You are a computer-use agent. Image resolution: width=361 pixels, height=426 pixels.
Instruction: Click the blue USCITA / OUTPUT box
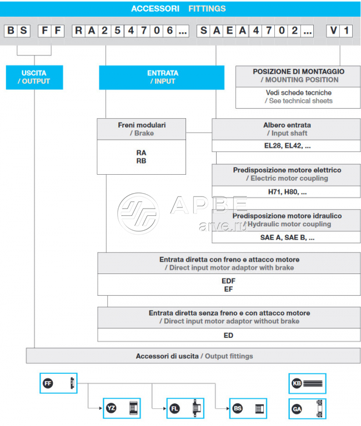point(34,77)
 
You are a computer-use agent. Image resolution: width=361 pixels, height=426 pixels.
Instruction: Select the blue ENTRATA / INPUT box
point(162,77)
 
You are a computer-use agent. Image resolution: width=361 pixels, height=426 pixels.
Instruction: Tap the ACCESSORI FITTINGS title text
point(178,9)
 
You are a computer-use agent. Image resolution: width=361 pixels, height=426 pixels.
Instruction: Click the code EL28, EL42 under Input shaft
point(287,146)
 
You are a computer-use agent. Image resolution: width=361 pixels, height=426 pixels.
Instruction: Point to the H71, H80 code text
point(287,192)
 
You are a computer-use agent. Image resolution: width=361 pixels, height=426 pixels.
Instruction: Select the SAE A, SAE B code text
point(287,237)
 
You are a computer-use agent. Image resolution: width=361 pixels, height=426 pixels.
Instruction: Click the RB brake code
point(141,161)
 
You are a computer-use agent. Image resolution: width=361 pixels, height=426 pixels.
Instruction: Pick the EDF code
point(228,281)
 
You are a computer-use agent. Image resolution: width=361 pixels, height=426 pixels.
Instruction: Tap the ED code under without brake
point(228,335)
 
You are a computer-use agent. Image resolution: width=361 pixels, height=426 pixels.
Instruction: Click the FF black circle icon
point(48,383)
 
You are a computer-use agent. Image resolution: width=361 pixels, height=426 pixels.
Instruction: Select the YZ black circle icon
point(111,408)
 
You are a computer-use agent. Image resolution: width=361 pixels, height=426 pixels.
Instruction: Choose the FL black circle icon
point(174,408)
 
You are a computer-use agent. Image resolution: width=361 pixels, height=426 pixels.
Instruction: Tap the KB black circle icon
point(297,383)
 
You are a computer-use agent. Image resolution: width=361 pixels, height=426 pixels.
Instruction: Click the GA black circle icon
point(297,409)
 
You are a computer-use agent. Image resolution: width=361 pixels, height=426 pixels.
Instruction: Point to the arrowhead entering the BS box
point(228,408)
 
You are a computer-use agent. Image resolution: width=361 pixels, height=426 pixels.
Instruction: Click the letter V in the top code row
point(333,31)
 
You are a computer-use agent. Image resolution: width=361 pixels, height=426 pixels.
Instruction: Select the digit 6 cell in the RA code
point(170,31)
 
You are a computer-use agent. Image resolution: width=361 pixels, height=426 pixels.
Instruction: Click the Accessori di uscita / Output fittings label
point(194,356)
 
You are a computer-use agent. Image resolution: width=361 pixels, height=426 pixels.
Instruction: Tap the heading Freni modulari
point(142,125)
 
